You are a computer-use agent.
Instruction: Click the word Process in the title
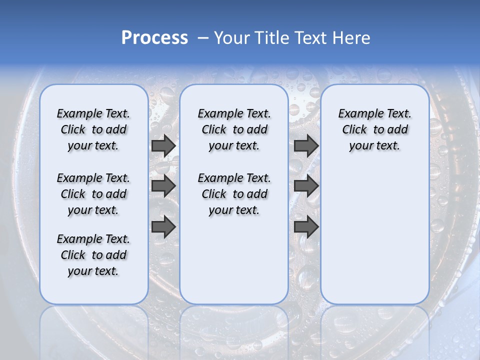(154, 38)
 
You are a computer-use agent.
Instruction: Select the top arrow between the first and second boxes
(163, 145)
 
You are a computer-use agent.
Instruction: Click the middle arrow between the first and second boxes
(163, 186)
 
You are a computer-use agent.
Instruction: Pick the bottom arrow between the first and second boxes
(163, 226)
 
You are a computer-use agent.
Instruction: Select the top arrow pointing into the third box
(306, 145)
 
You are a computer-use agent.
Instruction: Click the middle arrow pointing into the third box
(306, 186)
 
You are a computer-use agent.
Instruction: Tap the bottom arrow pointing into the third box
(306, 226)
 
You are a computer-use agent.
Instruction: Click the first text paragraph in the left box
(93, 129)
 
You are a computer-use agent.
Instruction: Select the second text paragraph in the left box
(93, 194)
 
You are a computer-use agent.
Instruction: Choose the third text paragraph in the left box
(93, 255)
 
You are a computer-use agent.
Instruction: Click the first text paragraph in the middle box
(234, 129)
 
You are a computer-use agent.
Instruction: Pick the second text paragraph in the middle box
(234, 194)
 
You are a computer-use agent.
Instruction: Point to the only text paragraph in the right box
(374, 129)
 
